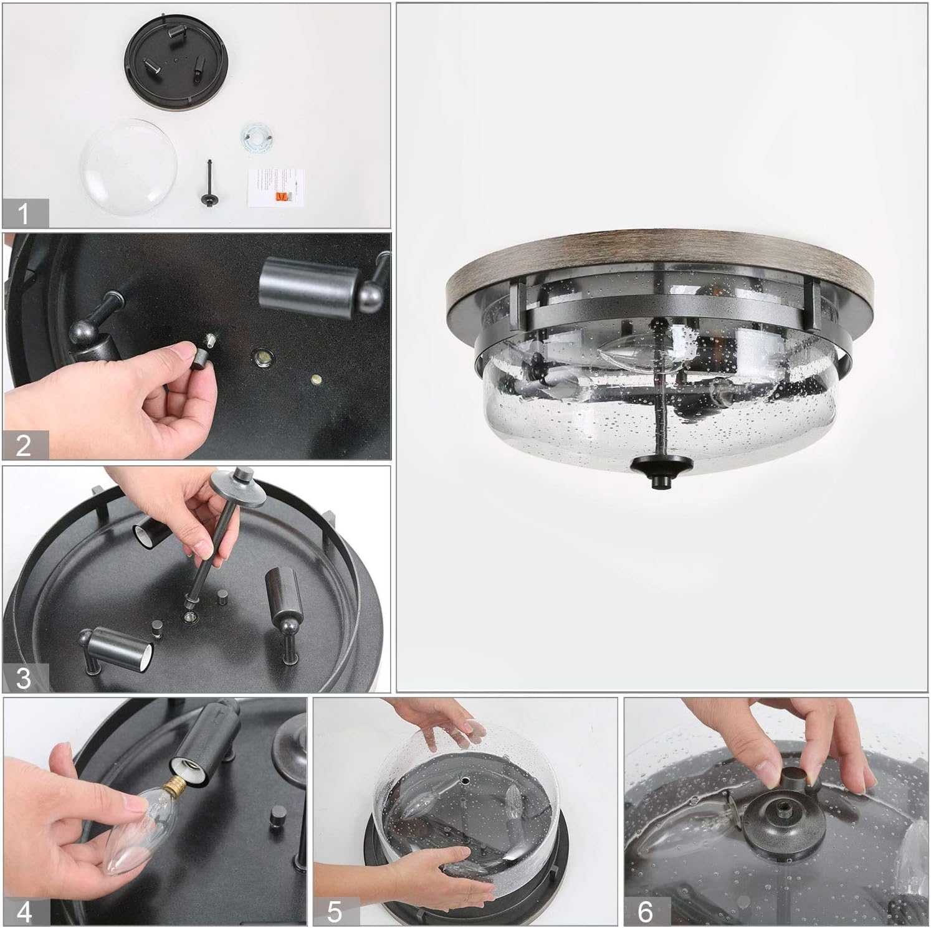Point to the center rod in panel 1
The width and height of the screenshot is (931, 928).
coord(210,184)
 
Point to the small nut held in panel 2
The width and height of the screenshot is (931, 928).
coord(203,352)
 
